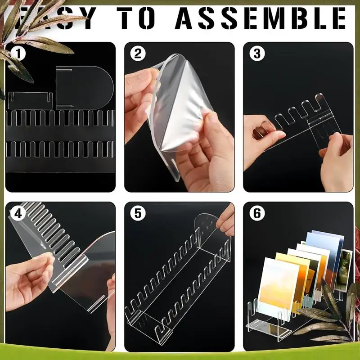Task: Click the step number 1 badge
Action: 18,54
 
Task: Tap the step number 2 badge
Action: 138,54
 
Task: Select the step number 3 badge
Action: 257,54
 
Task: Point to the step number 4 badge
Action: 18,214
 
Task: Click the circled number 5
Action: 138,214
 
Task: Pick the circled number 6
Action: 257,214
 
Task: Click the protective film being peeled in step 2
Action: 180,103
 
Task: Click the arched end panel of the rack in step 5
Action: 207,234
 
